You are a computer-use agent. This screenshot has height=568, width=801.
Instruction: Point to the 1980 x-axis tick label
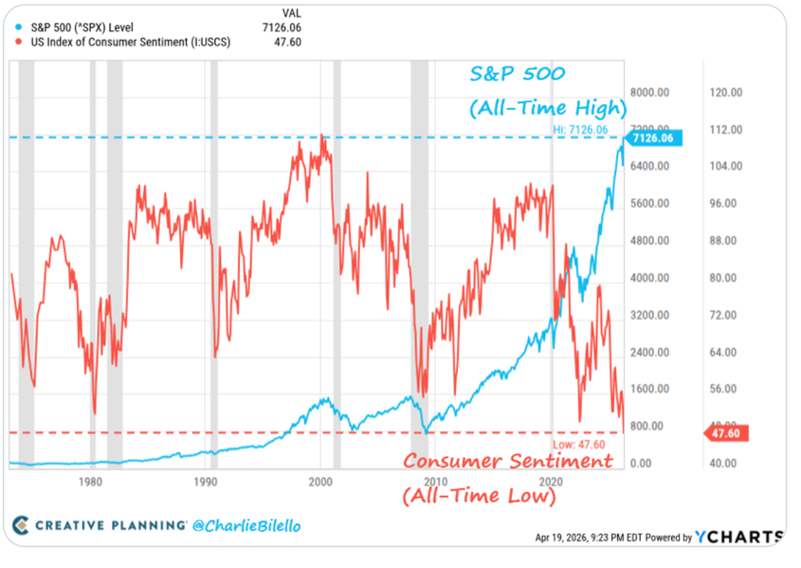[90, 481]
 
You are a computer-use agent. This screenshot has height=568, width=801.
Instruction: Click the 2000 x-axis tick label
[320, 481]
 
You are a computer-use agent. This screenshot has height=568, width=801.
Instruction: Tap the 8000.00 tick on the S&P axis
[651, 93]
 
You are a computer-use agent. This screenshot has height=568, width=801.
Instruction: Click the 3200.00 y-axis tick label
[651, 315]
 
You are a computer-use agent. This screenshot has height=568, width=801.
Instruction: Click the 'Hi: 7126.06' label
[580, 128]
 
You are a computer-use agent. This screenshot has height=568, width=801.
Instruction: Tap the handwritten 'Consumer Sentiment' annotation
[507, 462]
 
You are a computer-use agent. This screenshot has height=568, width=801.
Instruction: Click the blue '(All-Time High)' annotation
[548, 108]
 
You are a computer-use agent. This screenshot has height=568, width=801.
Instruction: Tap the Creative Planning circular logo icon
[21, 525]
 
